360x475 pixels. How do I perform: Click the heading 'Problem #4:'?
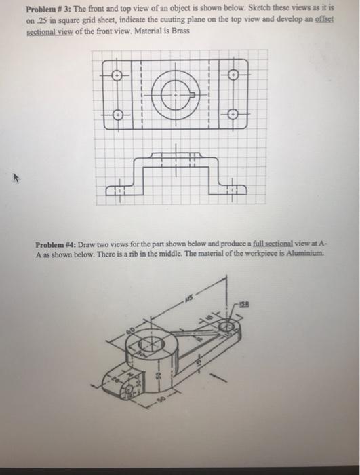(x=58, y=244)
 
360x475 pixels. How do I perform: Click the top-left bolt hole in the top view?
(x=117, y=75)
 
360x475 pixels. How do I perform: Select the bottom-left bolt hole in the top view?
(x=117, y=115)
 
